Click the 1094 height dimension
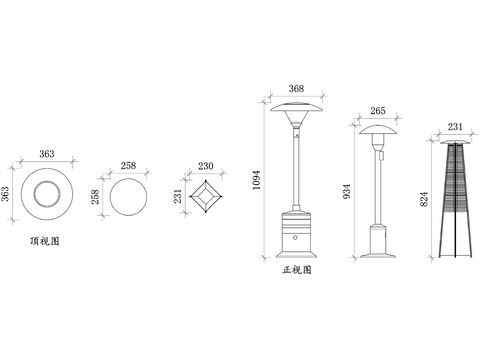[256, 180]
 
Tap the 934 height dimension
[347, 191]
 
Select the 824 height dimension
[424, 199]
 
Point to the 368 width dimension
[296, 88]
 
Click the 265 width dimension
[378, 110]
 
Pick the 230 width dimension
[206, 166]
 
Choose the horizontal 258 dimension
[128, 165]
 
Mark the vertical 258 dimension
[95, 197]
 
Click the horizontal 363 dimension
[47, 154]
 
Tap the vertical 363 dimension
[5, 194]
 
